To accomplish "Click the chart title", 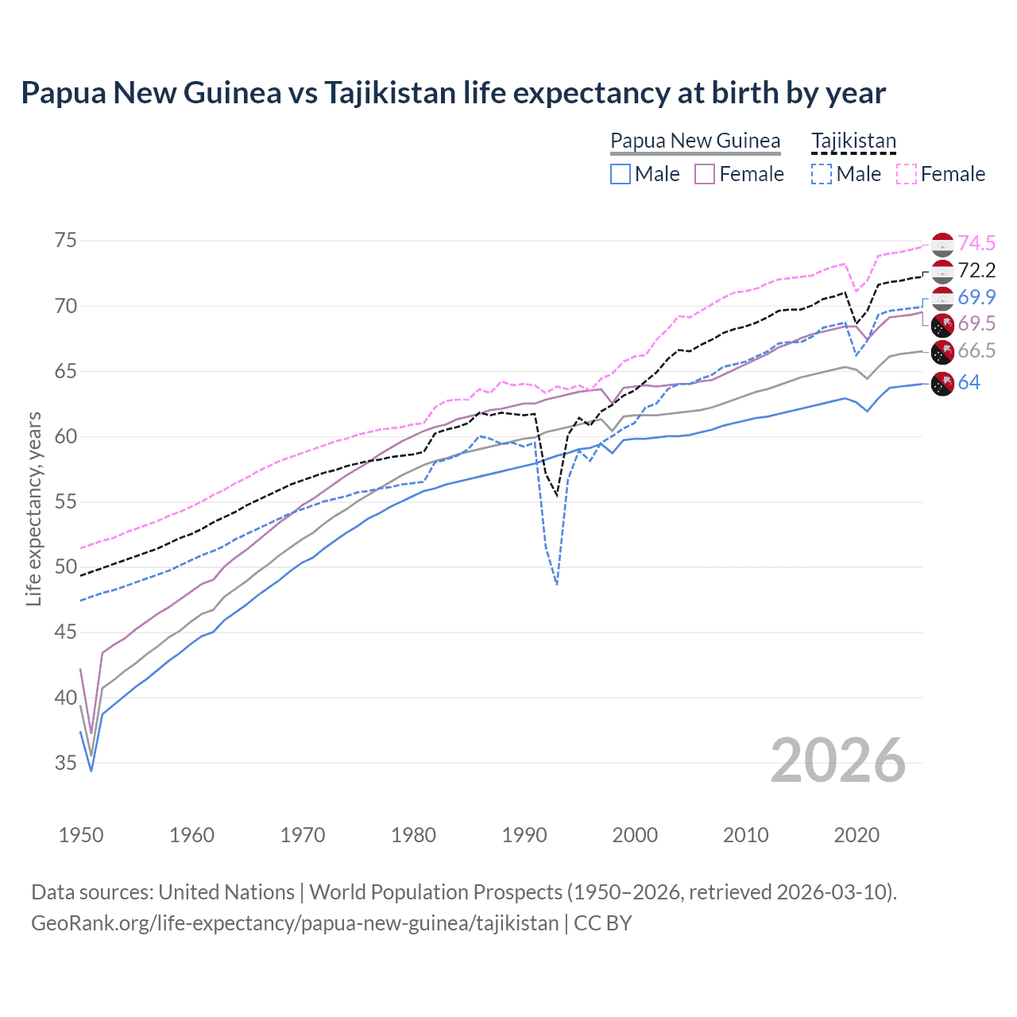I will click(x=453, y=93).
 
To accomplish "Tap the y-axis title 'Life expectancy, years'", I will click(x=33, y=508).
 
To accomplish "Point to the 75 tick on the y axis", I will click(x=65, y=241).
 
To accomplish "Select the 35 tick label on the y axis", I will click(x=65, y=763).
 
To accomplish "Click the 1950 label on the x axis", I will click(x=81, y=835).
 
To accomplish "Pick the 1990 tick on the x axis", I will click(x=524, y=835).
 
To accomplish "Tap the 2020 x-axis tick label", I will click(x=857, y=835).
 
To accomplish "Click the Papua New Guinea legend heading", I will click(x=695, y=141).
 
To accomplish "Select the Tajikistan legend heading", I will click(x=853, y=141).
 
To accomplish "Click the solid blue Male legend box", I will click(x=621, y=174).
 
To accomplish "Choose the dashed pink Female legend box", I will click(x=907, y=174).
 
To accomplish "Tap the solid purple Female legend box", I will click(x=705, y=174).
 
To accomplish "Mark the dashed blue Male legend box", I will click(x=822, y=174).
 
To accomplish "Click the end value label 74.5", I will click(x=976, y=243).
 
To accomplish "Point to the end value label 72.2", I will click(x=976, y=270).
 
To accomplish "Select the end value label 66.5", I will click(x=976, y=351).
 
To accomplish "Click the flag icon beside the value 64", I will click(x=942, y=383).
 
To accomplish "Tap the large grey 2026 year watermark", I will click(x=838, y=760).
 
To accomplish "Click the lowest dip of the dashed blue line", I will click(x=557, y=585).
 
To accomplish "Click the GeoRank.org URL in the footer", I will click(x=295, y=923).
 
